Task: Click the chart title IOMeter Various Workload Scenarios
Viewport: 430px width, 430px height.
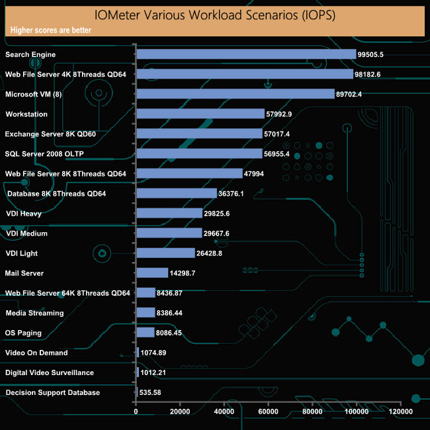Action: click(x=215, y=15)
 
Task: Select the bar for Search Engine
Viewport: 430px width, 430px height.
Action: click(x=245, y=55)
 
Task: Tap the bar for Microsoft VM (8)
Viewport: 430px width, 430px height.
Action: click(x=235, y=94)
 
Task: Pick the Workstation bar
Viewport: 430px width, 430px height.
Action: click(x=200, y=114)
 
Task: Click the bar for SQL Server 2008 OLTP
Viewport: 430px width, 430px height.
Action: click(x=198, y=154)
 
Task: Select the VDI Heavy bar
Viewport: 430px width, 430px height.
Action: click(x=169, y=213)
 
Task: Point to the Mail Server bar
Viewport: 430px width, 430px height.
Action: click(x=151, y=273)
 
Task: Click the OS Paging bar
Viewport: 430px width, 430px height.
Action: click(x=145, y=333)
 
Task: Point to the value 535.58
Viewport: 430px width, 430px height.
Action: click(x=150, y=392)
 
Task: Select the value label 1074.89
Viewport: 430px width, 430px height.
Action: click(x=153, y=353)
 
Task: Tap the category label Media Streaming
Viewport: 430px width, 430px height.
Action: click(x=34, y=313)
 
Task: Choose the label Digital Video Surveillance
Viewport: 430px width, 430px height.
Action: click(x=50, y=372)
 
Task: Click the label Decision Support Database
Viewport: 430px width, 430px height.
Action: click(x=52, y=392)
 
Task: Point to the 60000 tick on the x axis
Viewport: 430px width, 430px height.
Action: click(x=268, y=411)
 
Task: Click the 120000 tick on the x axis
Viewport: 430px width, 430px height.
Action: click(x=400, y=411)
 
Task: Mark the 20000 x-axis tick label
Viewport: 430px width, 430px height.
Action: click(x=180, y=411)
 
